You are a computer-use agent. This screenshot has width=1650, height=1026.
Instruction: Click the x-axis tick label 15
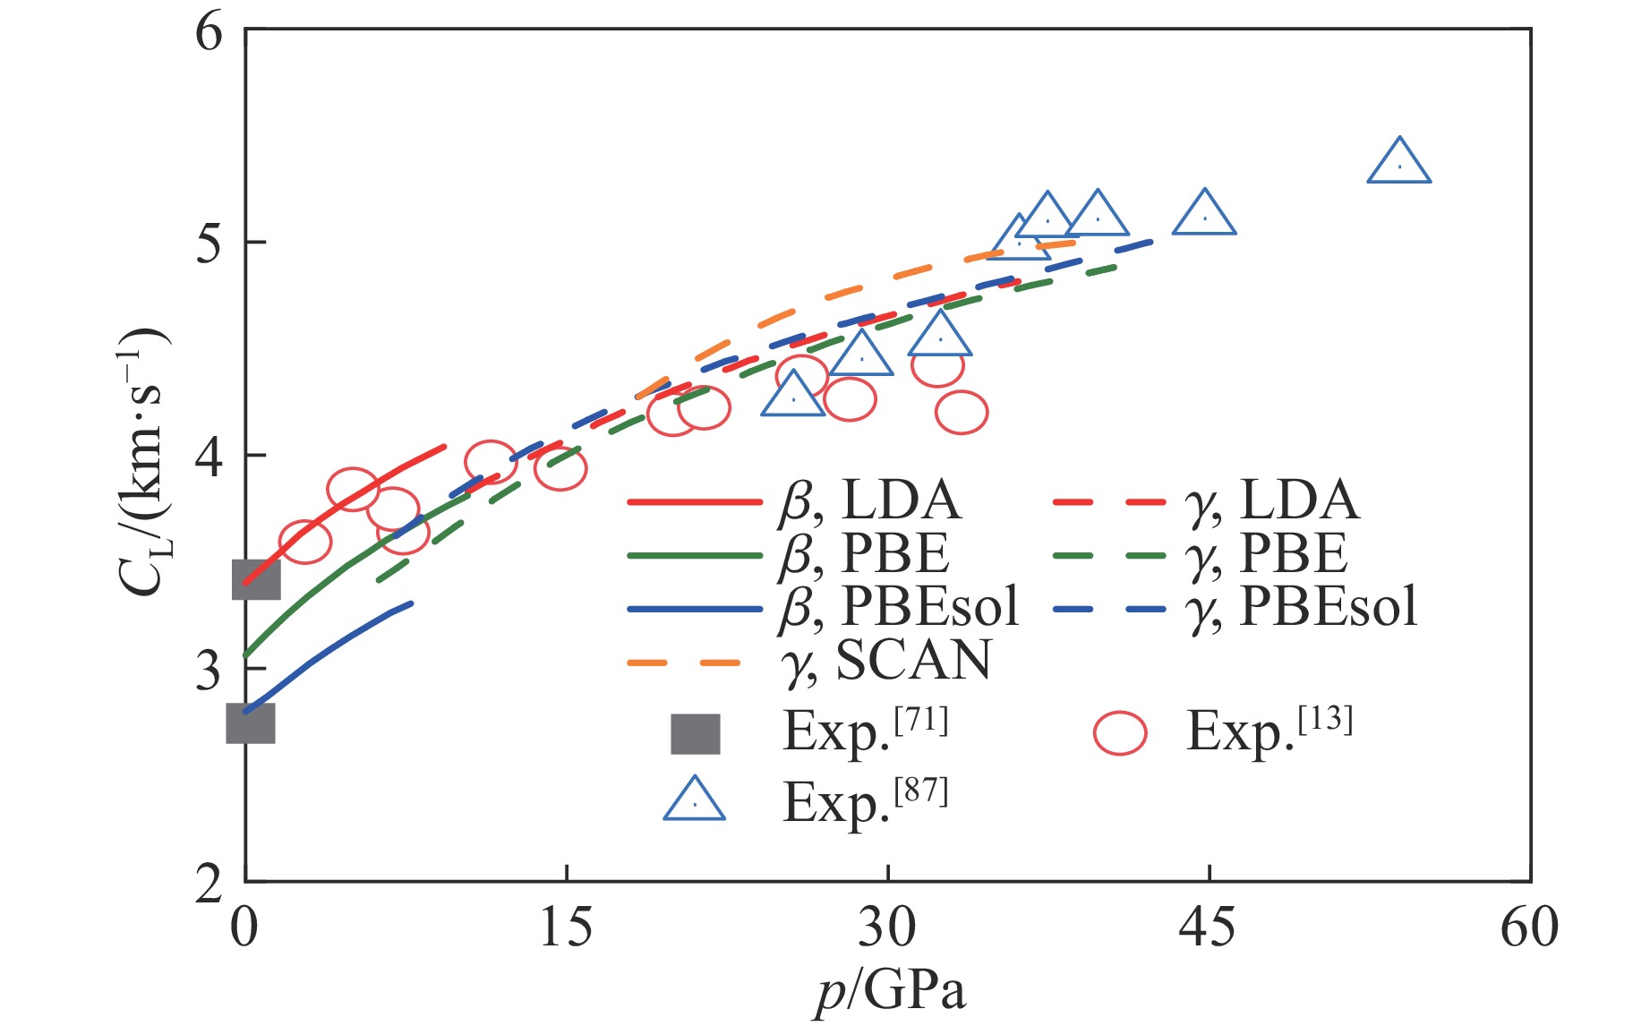tap(566, 928)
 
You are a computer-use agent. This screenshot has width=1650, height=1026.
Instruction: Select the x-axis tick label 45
tap(1208, 928)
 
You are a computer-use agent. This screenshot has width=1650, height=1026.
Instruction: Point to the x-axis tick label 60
tap(1529, 928)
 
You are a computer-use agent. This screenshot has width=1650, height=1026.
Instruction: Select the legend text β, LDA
tap(868, 500)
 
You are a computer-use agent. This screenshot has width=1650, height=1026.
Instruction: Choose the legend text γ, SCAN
tap(886, 662)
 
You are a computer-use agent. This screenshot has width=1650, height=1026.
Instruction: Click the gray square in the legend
tap(696, 734)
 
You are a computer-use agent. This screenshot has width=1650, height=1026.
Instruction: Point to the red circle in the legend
tap(1119, 734)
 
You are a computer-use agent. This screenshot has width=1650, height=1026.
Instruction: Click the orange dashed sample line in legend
tap(685, 663)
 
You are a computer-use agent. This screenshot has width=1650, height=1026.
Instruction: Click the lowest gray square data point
tap(251, 723)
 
